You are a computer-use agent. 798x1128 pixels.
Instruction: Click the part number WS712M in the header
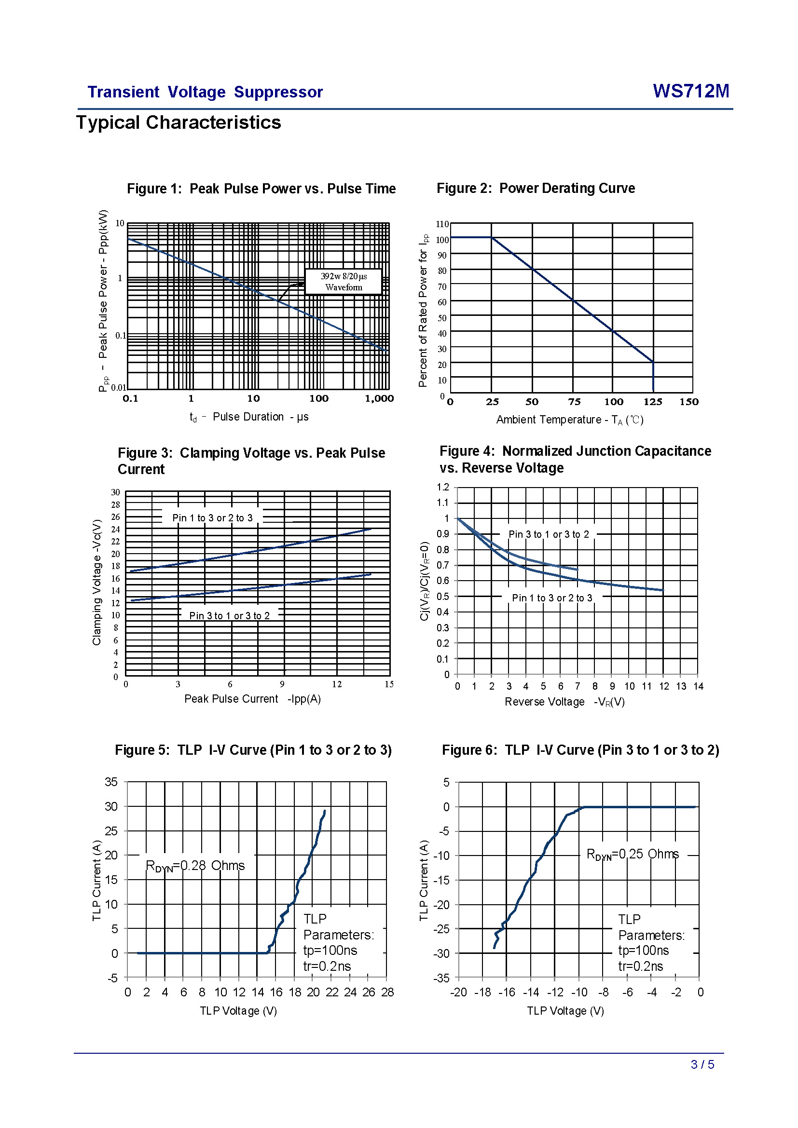point(690,91)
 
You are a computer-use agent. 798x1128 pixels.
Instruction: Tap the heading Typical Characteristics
point(179,122)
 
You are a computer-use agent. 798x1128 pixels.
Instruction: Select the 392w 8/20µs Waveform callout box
point(344,282)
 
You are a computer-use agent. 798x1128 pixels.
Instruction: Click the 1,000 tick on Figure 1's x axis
point(379,398)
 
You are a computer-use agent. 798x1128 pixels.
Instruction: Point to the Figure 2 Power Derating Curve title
point(536,188)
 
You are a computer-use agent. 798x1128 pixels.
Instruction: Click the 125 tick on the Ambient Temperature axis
point(653,402)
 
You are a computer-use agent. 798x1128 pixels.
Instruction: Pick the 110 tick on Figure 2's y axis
point(442,224)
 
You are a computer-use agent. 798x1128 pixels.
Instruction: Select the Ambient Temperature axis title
point(569,420)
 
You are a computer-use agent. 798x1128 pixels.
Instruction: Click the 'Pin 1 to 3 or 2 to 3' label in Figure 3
point(212,518)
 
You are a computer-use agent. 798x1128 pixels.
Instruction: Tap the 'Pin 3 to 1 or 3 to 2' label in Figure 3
point(230,615)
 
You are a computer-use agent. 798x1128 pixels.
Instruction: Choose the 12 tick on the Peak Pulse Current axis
point(337,684)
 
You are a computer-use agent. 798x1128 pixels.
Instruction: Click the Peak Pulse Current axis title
point(252,699)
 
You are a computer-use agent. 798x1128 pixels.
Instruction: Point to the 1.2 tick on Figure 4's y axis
point(443,487)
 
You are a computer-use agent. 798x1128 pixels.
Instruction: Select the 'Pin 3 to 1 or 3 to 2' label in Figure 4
point(549,534)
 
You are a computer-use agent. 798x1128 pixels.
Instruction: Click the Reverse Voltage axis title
point(564,702)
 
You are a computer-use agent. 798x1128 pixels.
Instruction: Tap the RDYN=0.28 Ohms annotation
point(195,866)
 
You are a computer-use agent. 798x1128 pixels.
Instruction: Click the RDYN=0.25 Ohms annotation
point(633,855)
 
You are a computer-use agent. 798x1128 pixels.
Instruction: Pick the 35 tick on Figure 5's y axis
point(111,782)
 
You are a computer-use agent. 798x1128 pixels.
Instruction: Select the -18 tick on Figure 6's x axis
point(482,992)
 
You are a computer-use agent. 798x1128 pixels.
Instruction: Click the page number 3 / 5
point(702,1064)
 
